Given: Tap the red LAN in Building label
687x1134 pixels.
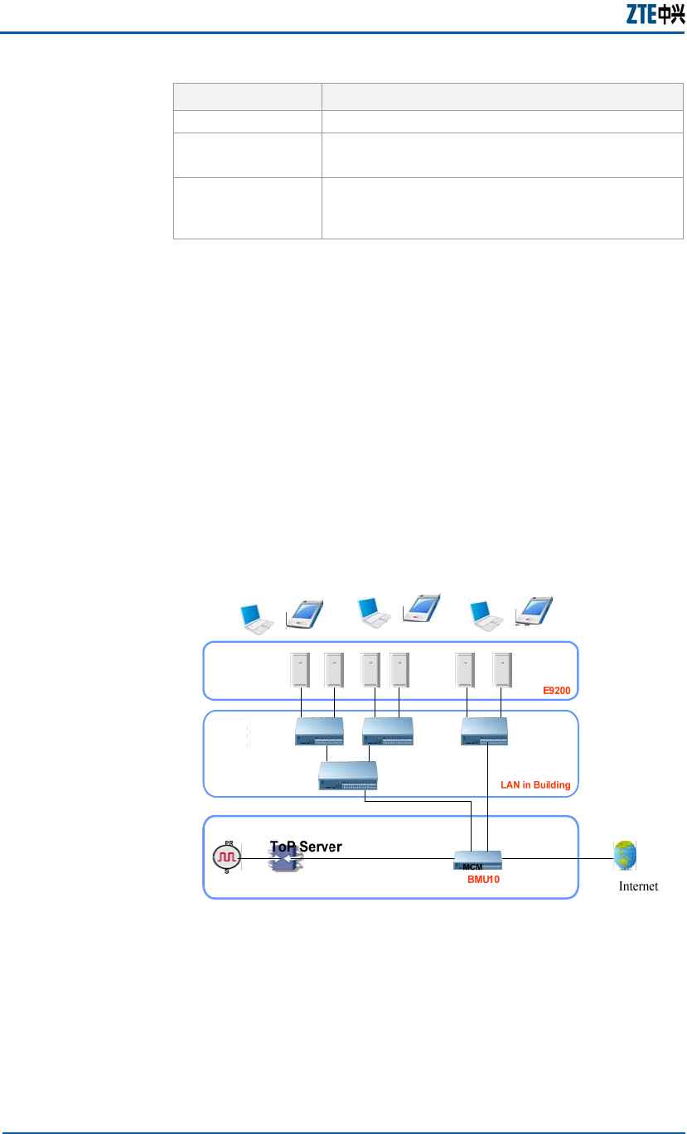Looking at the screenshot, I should pyautogui.click(x=535, y=784).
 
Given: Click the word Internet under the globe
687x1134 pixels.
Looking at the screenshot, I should pyautogui.click(x=638, y=886).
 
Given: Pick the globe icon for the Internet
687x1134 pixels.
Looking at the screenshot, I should pyautogui.click(x=625, y=856).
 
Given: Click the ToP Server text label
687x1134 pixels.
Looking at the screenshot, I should pyautogui.click(x=306, y=847).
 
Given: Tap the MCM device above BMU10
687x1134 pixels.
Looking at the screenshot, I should pyautogui.click(x=477, y=861).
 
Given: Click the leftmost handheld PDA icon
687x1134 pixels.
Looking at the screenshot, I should pyautogui.click(x=304, y=614).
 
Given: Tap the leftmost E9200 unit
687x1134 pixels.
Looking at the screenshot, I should pyautogui.click(x=299, y=670).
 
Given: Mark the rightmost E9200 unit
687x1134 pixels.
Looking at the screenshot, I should pyautogui.click(x=502, y=670).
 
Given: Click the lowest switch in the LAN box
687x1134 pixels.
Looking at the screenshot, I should pyautogui.click(x=348, y=774).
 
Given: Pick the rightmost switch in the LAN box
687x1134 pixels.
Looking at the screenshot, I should pyautogui.click(x=485, y=729).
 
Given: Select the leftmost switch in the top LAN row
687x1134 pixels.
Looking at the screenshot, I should pyautogui.click(x=319, y=730).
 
